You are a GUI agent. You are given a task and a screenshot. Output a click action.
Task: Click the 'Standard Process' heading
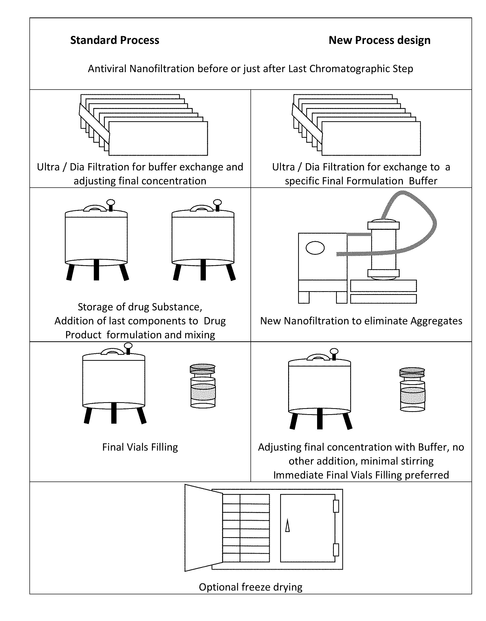click(x=115, y=40)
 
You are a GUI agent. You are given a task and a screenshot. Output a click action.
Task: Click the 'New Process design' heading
click(x=379, y=40)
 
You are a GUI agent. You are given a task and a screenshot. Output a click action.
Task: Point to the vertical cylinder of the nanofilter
click(x=383, y=249)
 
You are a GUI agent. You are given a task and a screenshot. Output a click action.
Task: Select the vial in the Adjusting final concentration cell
click(x=412, y=389)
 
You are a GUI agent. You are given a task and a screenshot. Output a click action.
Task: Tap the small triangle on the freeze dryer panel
click(x=287, y=525)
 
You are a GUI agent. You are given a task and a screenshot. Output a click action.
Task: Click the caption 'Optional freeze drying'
click(x=250, y=587)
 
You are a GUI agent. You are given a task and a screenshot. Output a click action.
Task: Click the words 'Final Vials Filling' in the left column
click(x=140, y=447)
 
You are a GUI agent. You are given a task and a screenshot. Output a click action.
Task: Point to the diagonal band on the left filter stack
click(x=94, y=123)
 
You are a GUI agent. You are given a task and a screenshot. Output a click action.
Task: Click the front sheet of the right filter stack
click(x=371, y=138)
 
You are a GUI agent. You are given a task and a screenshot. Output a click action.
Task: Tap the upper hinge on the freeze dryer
click(x=336, y=506)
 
